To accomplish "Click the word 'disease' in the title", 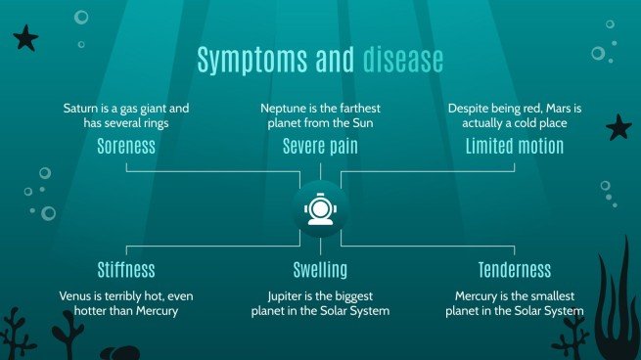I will click(403, 60).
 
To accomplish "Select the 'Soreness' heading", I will click(126, 147).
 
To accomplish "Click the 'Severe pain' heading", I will click(320, 147).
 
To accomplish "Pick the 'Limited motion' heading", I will click(515, 147).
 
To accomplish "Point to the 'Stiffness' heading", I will click(126, 269).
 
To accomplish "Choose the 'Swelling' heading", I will click(320, 269).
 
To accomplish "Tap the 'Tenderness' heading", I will click(515, 269).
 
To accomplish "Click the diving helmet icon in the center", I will click(320, 208).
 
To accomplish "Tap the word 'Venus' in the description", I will click(76, 294).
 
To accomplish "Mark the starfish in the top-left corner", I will click(25, 39).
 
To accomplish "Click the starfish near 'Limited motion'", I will click(618, 127).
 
